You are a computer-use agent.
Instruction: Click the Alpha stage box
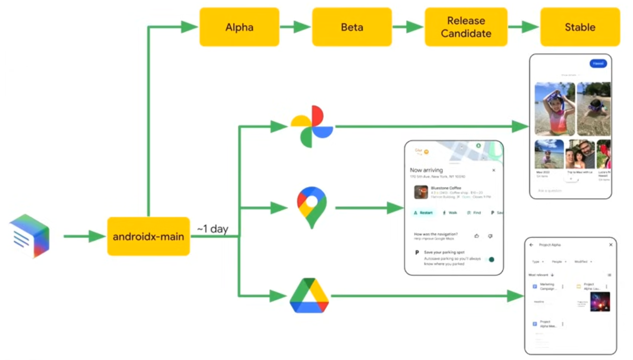pyautogui.click(x=239, y=27)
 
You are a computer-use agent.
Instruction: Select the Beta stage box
pyautogui.click(x=352, y=27)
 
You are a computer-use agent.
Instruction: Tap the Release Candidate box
pyautogui.click(x=466, y=27)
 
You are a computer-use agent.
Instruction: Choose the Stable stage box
pyautogui.click(x=580, y=27)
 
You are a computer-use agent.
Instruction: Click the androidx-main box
pyautogui.click(x=148, y=236)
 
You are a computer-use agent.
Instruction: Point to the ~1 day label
pyautogui.click(x=213, y=229)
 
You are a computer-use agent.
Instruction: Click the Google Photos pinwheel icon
pyautogui.click(x=312, y=126)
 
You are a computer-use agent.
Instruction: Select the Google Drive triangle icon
pyautogui.click(x=310, y=296)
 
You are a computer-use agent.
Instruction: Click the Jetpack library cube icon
pyautogui.click(x=30, y=236)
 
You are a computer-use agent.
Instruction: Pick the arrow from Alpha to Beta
pyautogui.click(x=295, y=27)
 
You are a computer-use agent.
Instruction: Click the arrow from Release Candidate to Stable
pyautogui.click(x=523, y=27)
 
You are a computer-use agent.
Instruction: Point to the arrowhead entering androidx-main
pyautogui.click(x=97, y=236)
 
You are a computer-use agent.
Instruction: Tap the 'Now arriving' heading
pyautogui.click(x=426, y=170)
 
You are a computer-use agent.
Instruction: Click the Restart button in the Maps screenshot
pyautogui.click(x=423, y=213)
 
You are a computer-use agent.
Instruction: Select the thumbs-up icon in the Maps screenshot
pyautogui.click(x=476, y=236)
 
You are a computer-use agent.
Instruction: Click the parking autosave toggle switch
pyautogui.click(x=491, y=259)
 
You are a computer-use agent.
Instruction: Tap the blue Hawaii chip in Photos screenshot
pyautogui.click(x=598, y=63)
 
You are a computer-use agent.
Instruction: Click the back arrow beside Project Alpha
pyautogui.click(x=532, y=245)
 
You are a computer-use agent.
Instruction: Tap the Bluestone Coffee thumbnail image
pyautogui.click(x=421, y=192)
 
